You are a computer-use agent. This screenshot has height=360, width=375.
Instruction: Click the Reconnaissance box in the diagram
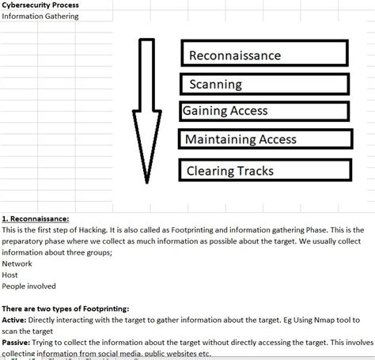[265, 55]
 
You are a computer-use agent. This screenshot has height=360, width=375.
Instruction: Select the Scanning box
[265, 84]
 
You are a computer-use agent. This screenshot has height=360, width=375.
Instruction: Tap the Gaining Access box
[265, 112]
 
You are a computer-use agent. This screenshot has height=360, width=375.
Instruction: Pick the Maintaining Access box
[265, 140]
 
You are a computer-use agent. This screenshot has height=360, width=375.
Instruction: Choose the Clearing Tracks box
[265, 169]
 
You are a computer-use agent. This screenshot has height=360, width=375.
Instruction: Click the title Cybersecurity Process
[39, 5]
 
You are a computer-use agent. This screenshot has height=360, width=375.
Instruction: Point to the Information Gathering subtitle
[40, 16]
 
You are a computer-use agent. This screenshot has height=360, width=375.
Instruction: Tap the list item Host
[10, 275]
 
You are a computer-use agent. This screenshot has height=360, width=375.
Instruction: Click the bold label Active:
[15, 320]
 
